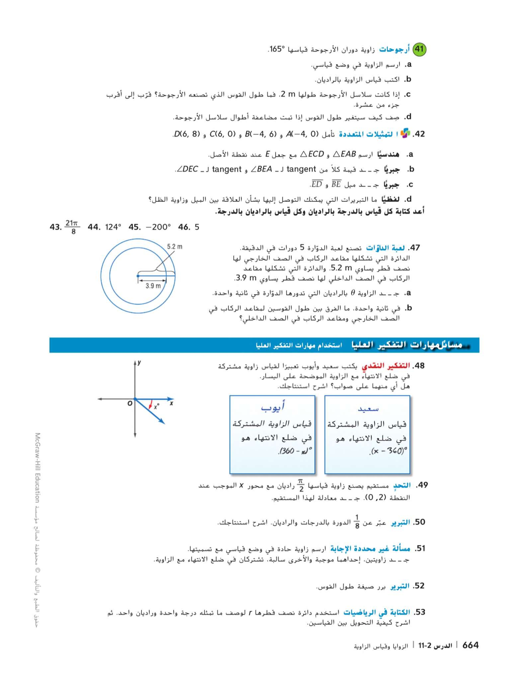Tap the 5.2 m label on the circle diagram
point(174,246)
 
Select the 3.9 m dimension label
point(153,286)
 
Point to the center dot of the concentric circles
point(138,276)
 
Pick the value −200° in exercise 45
point(158,227)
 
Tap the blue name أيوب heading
point(273,407)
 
